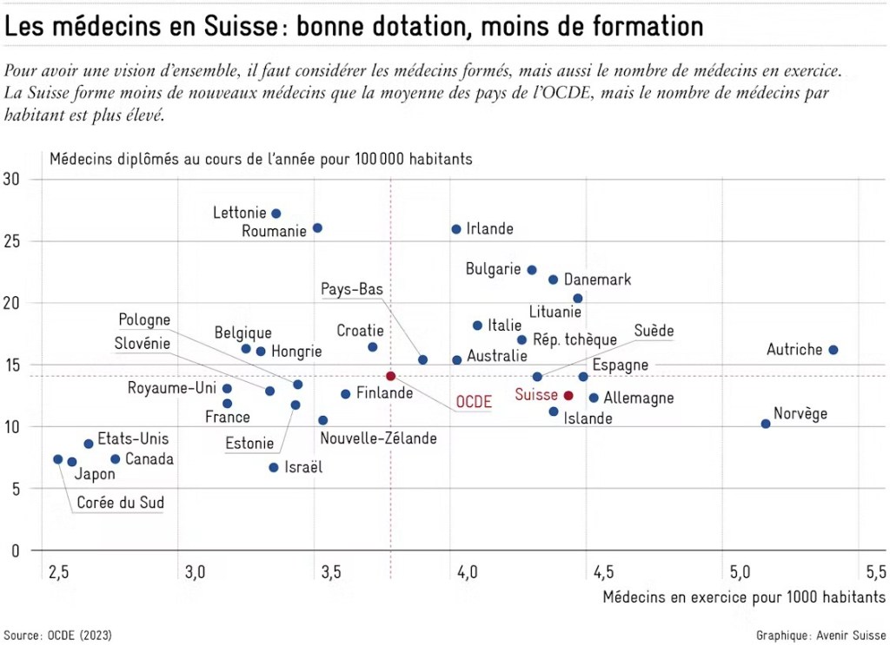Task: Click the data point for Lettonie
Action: tap(276, 214)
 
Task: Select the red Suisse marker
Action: tap(568, 396)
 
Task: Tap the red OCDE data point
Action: tap(391, 376)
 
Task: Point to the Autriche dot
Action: tap(833, 350)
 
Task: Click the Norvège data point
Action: tap(766, 424)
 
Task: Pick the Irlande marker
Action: tap(456, 229)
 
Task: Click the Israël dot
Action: tap(274, 467)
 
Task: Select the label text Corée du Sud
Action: tap(121, 503)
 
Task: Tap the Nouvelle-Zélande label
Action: tap(379, 439)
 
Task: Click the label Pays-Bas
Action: tap(352, 290)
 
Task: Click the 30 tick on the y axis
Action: tap(15, 180)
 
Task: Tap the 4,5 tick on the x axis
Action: tap(603, 572)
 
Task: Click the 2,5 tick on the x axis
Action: tap(59, 572)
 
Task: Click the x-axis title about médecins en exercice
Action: tap(744, 596)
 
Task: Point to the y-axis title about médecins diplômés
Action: tap(261, 159)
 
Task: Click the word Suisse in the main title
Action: tap(230, 27)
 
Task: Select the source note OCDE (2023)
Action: tap(57, 635)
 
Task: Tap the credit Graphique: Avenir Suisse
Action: tap(820, 635)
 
